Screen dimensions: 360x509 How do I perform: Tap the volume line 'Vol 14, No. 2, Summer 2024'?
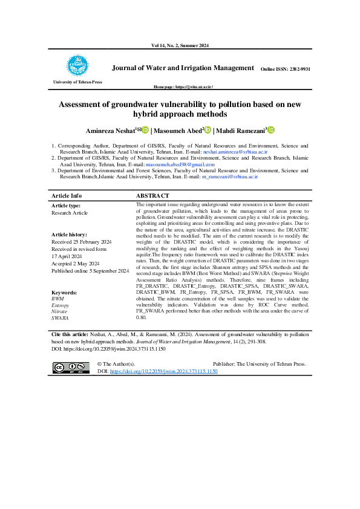pyautogui.click(x=180, y=47)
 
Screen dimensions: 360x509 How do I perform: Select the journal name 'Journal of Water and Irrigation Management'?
pyautogui.click(x=183, y=68)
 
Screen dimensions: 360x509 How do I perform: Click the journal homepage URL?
pyautogui.click(x=180, y=88)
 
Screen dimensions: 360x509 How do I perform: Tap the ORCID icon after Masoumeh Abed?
pyautogui.click(x=208, y=130)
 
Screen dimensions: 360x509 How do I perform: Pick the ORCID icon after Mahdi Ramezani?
pyautogui.click(x=270, y=130)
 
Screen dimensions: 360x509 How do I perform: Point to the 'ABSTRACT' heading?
pyautogui.click(x=153, y=196)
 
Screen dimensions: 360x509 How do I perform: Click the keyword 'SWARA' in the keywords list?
pyautogui.click(x=60, y=317)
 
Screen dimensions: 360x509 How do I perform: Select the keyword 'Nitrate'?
pyautogui.click(x=59, y=311)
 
